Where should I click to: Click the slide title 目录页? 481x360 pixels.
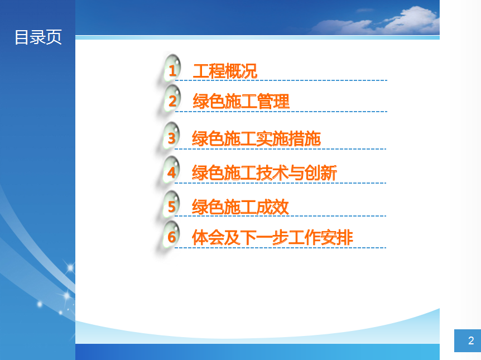coord(38,37)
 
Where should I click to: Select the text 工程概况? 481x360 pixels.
coord(225,71)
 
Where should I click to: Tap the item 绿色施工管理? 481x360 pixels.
coord(241,101)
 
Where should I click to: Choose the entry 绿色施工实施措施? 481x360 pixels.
coord(256,139)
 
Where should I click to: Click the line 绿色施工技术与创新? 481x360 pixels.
coord(264,173)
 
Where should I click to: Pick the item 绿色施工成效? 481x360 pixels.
coord(240,207)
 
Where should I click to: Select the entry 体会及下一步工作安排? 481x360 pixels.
coord(272,238)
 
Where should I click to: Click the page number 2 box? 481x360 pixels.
coord(468,340)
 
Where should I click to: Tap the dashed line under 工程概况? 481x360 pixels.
coord(281,80)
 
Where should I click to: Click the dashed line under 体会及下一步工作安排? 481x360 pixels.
coord(280,248)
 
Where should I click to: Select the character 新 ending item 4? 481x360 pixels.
coord(329,173)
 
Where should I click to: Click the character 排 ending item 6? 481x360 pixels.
coord(345,238)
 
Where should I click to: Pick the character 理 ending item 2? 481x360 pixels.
coord(281,101)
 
